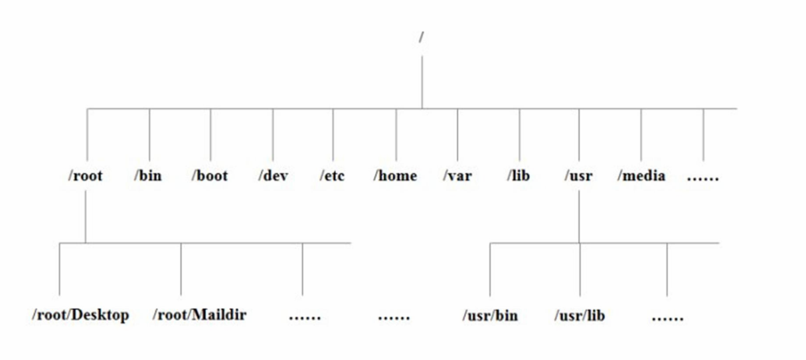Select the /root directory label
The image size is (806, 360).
pyautogui.click(x=86, y=176)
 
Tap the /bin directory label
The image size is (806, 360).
pyautogui.click(x=148, y=176)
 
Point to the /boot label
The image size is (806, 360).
pyautogui.click(x=210, y=176)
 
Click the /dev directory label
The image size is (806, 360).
pyautogui.click(x=273, y=176)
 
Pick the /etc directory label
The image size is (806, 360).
pyautogui.click(x=332, y=176)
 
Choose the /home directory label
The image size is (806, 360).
pyautogui.click(x=395, y=176)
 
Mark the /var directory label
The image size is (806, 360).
pyautogui.click(x=457, y=176)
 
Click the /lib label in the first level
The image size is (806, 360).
pyautogui.click(x=519, y=176)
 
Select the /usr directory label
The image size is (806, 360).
pyautogui.click(x=578, y=176)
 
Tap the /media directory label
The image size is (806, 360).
pyautogui.click(x=641, y=176)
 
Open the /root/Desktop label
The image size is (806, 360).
pyautogui.click(x=80, y=314)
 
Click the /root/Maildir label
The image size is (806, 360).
pyautogui.click(x=199, y=314)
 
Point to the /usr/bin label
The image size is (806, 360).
pyautogui.click(x=490, y=315)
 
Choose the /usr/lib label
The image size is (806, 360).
pyautogui.click(x=580, y=315)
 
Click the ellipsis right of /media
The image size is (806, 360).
pyautogui.click(x=703, y=178)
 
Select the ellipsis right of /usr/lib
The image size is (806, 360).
pyautogui.click(x=667, y=317)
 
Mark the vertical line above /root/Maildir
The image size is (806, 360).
pyautogui.click(x=181, y=268)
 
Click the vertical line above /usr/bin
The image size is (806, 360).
pyautogui.click(x=490, y=268)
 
